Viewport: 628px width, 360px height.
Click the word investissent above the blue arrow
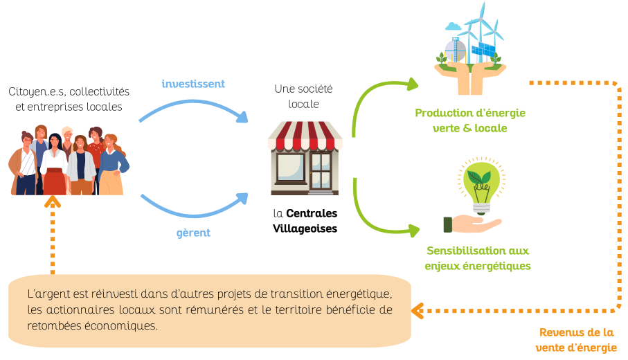click(x=193, y=84)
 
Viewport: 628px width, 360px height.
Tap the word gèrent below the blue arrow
click(x=193, y=233)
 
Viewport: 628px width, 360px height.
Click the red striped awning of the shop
click(x=305, y=136)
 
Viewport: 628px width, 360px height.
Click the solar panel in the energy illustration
click(x=483, y=51)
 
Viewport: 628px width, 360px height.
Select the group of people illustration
click(x=69, y=161)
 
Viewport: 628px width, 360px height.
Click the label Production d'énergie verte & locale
click(x=469, y=120)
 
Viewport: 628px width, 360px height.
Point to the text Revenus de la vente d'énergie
click(x=577, y=340)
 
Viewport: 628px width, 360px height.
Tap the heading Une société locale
click(x=304, y=96)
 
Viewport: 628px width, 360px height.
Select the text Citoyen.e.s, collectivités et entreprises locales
click(x=69, y=99)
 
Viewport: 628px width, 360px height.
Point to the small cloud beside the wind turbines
click(x=454, y=27)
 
